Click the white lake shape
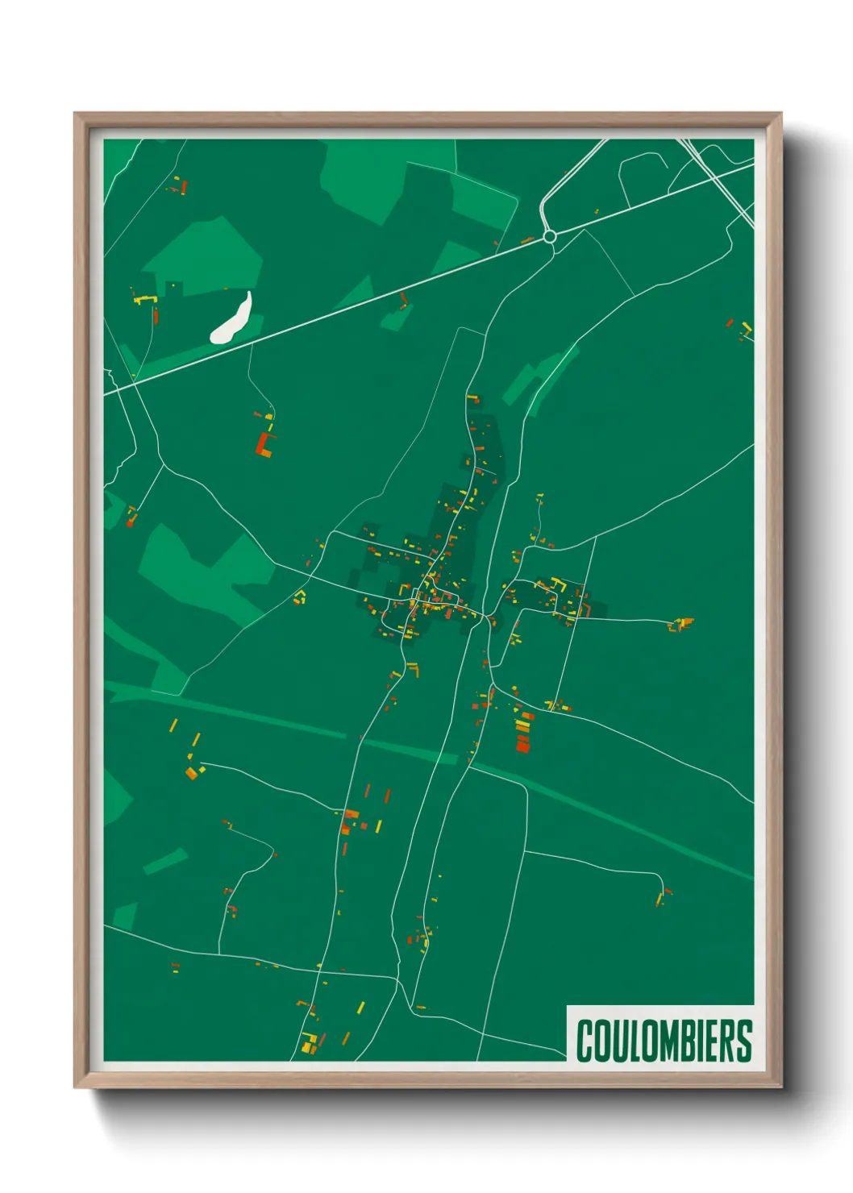[x=231, y=319]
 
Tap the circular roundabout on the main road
[x=550, y=236]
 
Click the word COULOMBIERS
[x=664, y=1041]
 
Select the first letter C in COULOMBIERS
[x=585, y=1041]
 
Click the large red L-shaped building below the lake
[x=264, y=444]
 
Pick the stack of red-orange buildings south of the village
[x=522, y=732]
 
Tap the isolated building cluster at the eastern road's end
[x=680, y=624]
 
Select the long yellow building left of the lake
[x=144, y=300]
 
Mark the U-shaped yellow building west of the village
[x=301, y=597]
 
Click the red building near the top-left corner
[x=184, y=188]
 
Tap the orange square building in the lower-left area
[x=191, y=774]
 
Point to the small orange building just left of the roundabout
[x=526, y=240]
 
